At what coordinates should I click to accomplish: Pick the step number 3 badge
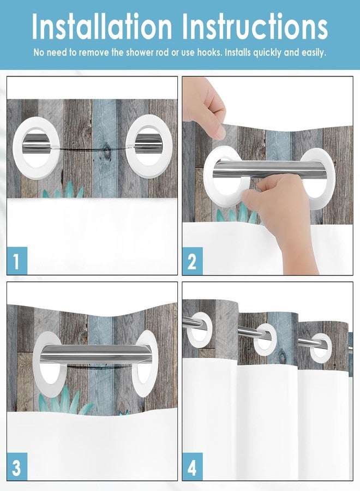pos(17,468)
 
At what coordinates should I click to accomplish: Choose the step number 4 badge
pos(192,468)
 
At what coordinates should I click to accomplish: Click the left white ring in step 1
pos(37,146)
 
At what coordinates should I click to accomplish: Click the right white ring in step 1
pos(149,146)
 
